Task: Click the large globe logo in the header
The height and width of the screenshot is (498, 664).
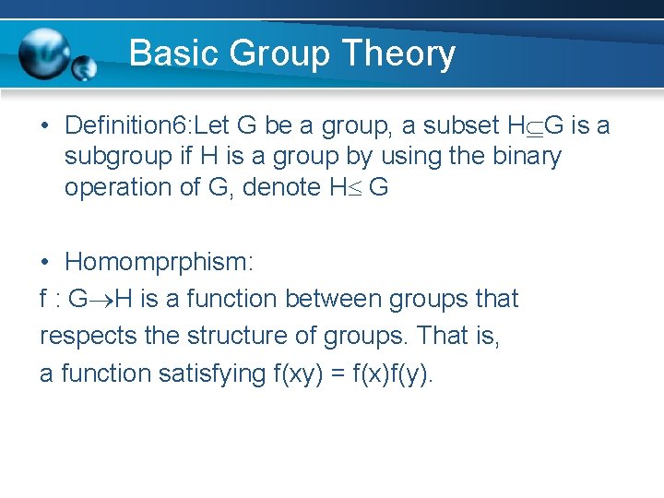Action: click(43, 53)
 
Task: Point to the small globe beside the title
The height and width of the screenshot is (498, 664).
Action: click(84, 67)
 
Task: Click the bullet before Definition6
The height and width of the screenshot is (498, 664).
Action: click(46, 126)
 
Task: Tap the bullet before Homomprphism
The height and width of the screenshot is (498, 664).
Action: click(46, 262)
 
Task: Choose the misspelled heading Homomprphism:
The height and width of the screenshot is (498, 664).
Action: click(159, 262)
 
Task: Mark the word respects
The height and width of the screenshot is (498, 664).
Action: click(89, 337)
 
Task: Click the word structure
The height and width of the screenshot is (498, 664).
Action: click(248, 336)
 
